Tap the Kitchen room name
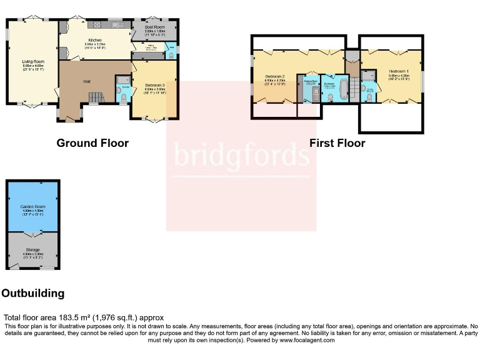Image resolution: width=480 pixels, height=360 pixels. tap(94, 41)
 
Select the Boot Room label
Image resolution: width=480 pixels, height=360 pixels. tap(154, 27)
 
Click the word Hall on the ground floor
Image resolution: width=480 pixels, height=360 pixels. tap(87, 81)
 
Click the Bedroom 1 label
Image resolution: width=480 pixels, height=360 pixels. tap(398, 72)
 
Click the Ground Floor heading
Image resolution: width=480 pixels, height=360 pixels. tap(92, 143)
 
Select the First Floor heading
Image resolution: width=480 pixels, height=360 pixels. tap(337, 143)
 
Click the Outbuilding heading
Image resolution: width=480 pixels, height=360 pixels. tap(33, 293)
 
